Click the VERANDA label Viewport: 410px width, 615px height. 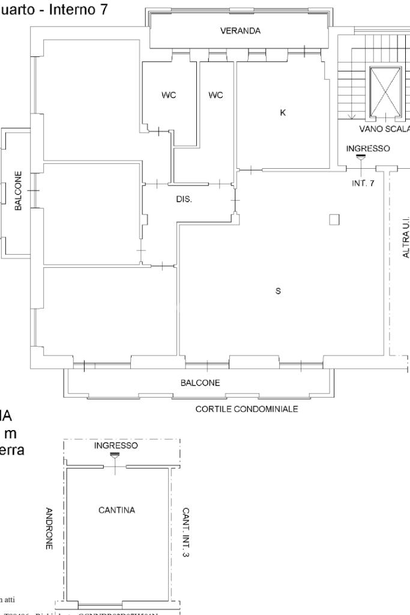pos(240,32)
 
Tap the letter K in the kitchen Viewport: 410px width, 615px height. pos(282,112)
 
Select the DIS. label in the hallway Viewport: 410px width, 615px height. pos(184,199)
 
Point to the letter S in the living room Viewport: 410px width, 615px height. pos(278,291)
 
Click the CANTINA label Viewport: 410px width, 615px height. pos(116,510)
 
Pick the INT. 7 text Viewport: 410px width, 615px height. pos(363,183)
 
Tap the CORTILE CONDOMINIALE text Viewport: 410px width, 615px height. pos(247,410)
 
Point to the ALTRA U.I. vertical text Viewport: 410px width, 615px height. pos(406,238)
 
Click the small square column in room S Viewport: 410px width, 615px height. pos(334,220)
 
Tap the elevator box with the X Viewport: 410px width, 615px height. pos(385,91)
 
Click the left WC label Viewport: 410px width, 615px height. pos(169,95)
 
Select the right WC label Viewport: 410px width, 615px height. pos(216,95)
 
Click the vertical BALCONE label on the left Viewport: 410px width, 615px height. pos(19,191)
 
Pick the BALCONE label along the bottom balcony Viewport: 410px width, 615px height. pos(200,383)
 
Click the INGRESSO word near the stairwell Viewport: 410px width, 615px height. pos(368,148)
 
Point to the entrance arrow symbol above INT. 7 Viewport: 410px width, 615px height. pos(360,157)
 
